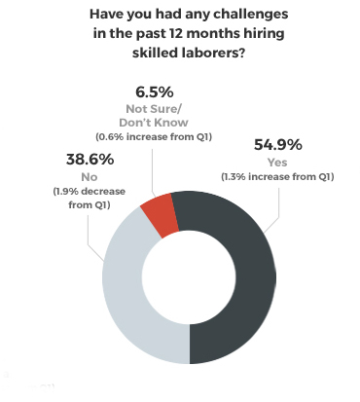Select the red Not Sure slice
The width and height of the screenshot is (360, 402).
(x=164, y=214)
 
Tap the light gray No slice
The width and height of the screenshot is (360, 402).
(x=122, y=292)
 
